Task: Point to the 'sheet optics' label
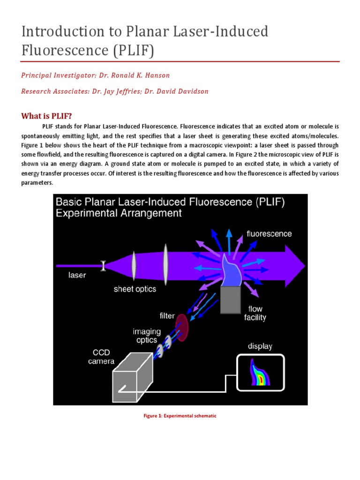click(x=135, y=289)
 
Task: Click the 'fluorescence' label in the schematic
click(x=269, y=233)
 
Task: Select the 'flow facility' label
click(x=255, y=313)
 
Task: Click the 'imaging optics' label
click(x=146, y=335)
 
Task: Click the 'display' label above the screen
click(x=260, y=346)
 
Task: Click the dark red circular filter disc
click(x=181, y=324)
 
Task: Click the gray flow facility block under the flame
click(x=230, y=300)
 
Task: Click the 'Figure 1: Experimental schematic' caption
click(x=180, y=416)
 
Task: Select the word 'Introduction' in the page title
click(x=60, y=32)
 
